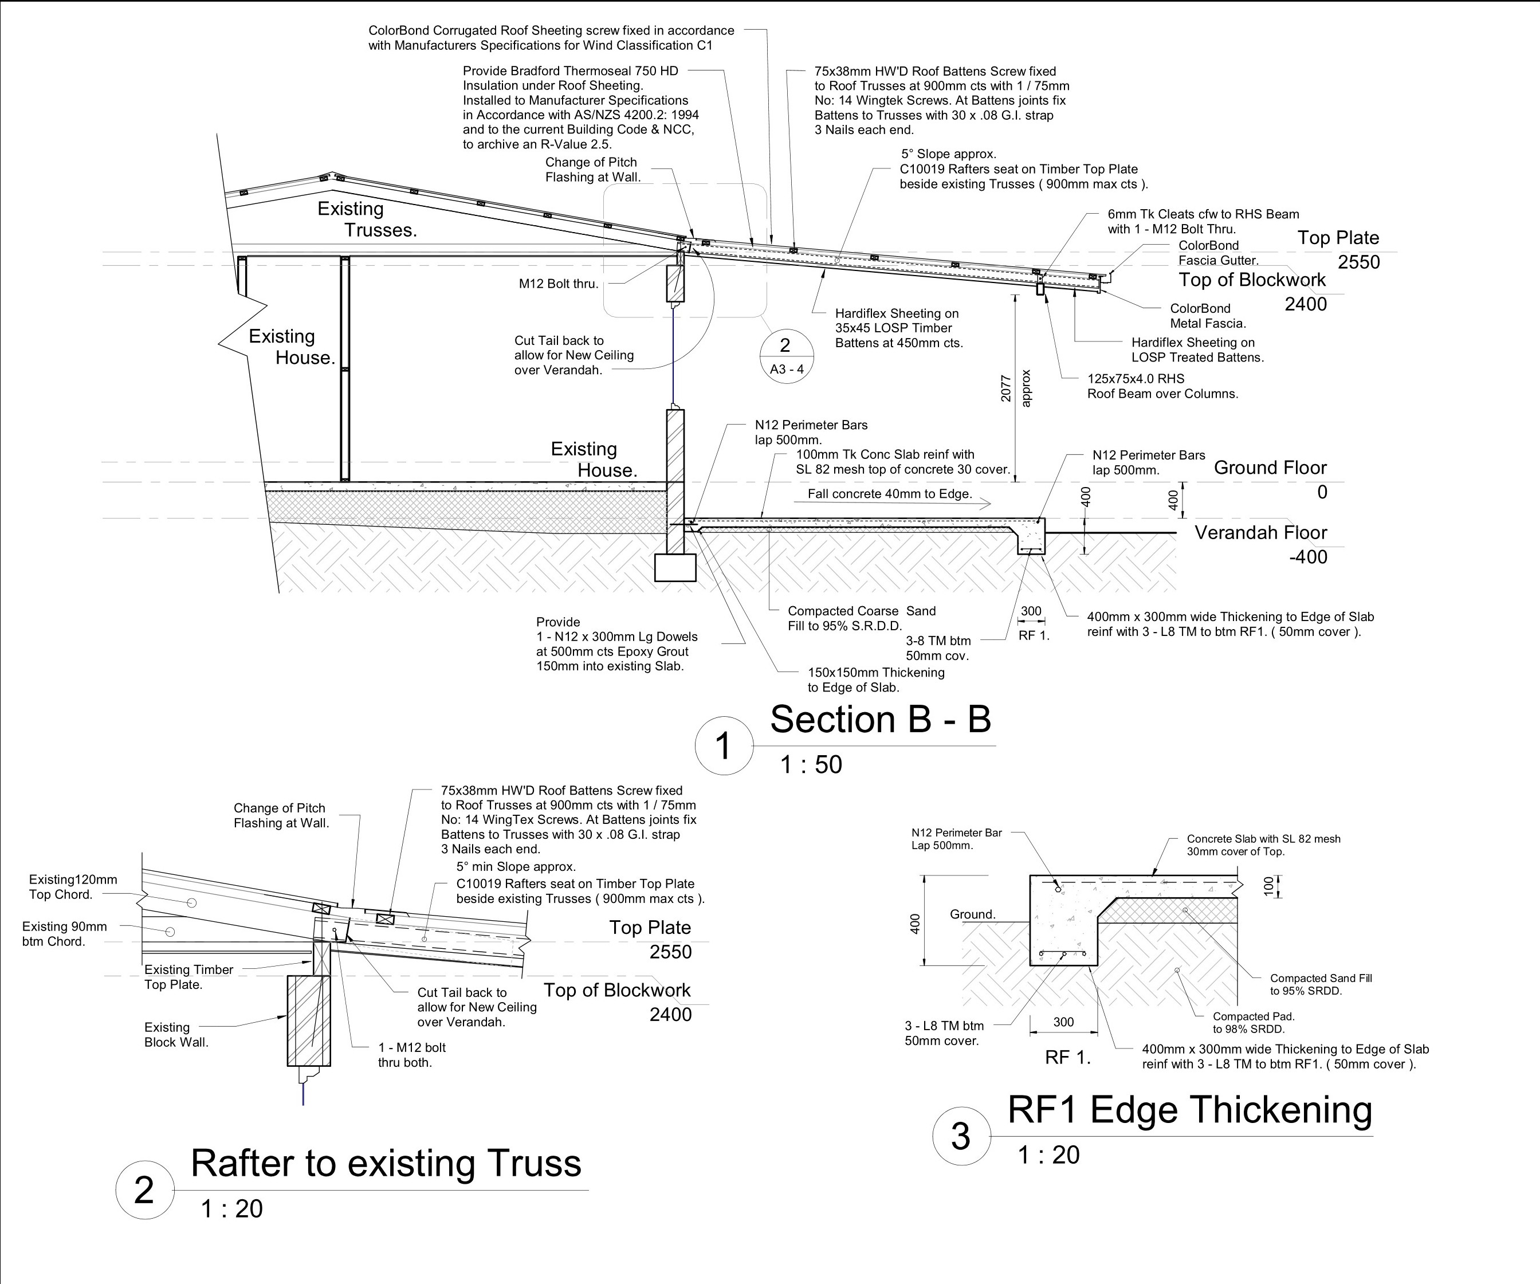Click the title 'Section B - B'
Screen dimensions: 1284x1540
pos(880,720)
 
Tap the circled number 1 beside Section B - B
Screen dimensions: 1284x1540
pos(723,746)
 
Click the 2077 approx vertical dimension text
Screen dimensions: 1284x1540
pos(1016,388)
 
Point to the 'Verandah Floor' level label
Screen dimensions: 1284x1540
pos(1260,532)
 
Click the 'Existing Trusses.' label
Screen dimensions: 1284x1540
pos(367,219)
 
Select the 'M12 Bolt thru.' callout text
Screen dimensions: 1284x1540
pos(558,284)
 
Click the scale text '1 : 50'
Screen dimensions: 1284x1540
pos(811,765)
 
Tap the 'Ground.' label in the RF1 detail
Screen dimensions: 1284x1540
pos(972,914)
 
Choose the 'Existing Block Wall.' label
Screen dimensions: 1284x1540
pos(176,1035)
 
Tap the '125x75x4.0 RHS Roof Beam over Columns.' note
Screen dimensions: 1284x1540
pos(1162,386)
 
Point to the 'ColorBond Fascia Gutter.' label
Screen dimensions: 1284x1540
pos(1217,253)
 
